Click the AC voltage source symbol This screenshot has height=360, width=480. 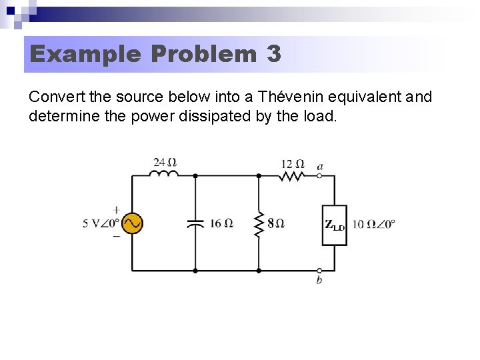[x=133, y=223]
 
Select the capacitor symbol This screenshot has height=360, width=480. [x=195, y=223]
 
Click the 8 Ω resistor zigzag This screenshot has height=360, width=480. [x=259, y=223]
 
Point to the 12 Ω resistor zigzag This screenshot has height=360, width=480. [x=292, y=175]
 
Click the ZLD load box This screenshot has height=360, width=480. [x=334, y=225]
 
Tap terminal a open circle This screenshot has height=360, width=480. [x=319, y=175]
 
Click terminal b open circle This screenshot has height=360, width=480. [x=319, y=270]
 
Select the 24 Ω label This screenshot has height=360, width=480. [x=165, y=162]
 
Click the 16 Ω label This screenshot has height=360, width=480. [x=221, y=223]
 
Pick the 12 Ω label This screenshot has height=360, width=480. [x=292, y=163]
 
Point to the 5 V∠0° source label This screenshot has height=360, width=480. [x=101, y=223]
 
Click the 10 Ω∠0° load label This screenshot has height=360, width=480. [x=373, y=223]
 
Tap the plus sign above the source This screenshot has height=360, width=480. [x=117, y=209]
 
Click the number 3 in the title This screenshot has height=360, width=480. [x=273, y=54]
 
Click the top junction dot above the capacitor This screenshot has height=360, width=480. [x=195, y=175]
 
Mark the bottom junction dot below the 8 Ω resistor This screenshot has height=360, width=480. [x=259, y=270]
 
